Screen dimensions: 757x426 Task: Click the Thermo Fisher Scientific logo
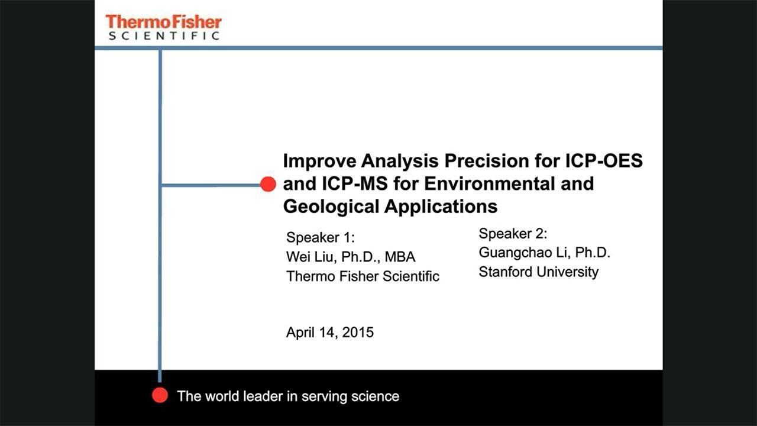[x=164, y=27]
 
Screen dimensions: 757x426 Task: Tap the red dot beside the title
[x=268, y=184]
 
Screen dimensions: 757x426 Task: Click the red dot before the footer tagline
[x=160, y=395]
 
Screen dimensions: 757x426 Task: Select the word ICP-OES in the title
[x=604, y=161]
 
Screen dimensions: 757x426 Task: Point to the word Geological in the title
[x=331, y=207]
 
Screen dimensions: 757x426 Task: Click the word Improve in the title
[x=319, y=162]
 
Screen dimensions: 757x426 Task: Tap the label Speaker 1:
[x=321, y=237]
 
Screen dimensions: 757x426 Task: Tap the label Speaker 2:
[x=513, y=234]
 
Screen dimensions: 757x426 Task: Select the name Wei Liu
[x=310, y=257]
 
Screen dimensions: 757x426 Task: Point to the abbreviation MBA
[x=400, y=257]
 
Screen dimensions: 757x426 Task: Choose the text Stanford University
[x=538, y=272]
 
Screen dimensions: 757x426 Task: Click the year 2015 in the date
[x=358, y=333]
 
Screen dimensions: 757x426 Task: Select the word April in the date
[x=300, y=333]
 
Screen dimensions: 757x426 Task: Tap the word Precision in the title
[x=487, y=161]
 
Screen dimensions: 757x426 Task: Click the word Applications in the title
[x=441, y=207]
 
